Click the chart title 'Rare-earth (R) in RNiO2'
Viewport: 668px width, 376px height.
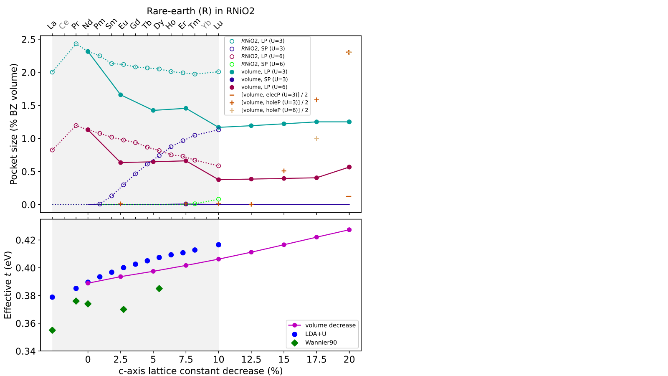[x=200, y=11]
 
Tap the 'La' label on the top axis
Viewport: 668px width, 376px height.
[x=52, y=25]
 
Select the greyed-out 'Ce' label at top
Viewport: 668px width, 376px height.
[x=64, y=25]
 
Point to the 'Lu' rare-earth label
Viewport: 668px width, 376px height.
[x=218, y=25]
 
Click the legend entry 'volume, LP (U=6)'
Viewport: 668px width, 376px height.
[x=264, y=87]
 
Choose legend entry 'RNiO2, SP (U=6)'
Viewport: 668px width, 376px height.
[x=263, y=64]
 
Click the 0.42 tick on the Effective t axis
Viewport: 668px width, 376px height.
[x=25, y=240]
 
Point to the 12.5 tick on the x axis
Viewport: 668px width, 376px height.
[x=251, y=359]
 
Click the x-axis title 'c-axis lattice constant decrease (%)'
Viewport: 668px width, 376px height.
[x=200, y=371]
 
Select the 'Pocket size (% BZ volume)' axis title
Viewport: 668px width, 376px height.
[x=13, y=124]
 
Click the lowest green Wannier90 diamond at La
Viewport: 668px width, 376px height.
[x=52, y=330]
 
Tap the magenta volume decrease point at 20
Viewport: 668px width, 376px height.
[x=349, y=230]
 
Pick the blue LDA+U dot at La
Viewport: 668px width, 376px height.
[x=52, y=297]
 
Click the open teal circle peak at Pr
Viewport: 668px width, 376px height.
[x=76, y=44]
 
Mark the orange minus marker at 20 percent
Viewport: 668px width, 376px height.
[x=349, y=196]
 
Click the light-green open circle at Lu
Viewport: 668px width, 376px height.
[x=219, y=199]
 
